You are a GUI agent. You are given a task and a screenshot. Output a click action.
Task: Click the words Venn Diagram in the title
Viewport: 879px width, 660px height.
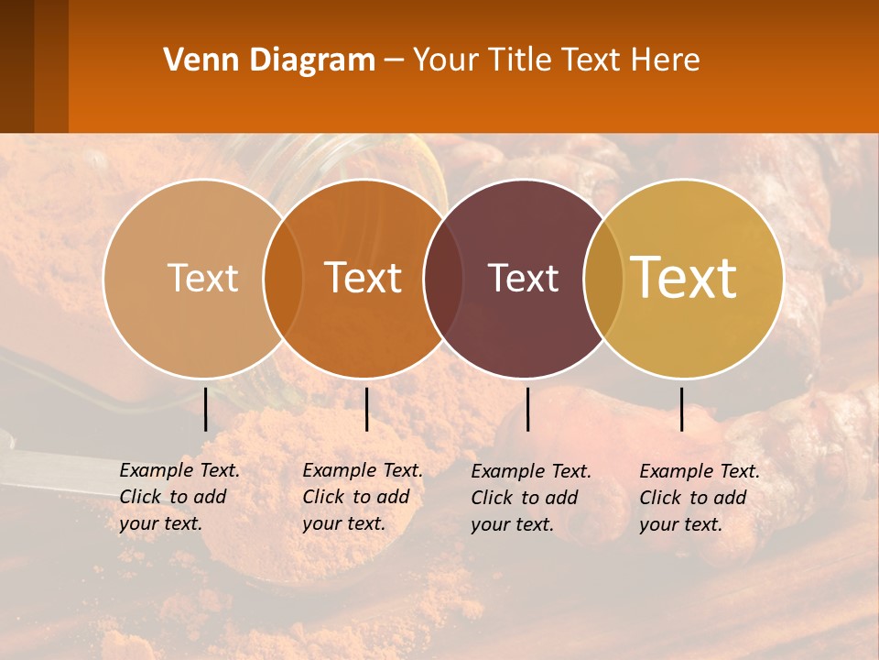click(x=269, y=60)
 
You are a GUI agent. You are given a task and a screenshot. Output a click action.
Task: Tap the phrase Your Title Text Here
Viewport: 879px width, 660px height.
click(x=556, y=60)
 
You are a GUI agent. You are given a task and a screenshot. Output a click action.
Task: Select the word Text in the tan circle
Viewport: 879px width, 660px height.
click(x=202, y=278)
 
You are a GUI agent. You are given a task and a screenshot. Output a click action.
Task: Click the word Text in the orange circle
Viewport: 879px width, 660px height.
click(x=364, y=278)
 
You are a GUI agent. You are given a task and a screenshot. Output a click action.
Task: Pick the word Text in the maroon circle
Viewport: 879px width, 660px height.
click(x=523, y=278)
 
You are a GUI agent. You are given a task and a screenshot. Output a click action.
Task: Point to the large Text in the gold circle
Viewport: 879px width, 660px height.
click(x=684, y=277)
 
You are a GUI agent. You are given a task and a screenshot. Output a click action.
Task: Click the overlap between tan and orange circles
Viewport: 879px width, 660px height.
click(x=283, y=279)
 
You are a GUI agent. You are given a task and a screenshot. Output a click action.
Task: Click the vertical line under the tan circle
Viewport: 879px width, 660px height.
click(x=206, y=409)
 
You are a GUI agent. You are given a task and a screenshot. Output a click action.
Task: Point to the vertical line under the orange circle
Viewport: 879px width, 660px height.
click(x=366, y=409)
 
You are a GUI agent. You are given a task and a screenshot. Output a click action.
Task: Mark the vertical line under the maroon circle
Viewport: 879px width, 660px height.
click(x=528, y=409)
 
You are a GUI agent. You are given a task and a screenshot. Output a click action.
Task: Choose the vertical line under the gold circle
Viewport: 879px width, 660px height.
click(x=682, y=409)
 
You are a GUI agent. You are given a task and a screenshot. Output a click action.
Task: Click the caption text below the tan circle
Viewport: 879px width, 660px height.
click(x=179, y=497)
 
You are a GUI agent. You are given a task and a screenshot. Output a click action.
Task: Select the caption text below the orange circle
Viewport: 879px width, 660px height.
click(x=362, y=497)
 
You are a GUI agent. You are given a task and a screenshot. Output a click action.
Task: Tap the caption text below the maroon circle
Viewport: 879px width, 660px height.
click(x=530, y=498)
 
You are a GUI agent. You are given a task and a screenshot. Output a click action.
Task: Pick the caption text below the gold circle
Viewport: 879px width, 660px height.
click(x=699, y=498)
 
